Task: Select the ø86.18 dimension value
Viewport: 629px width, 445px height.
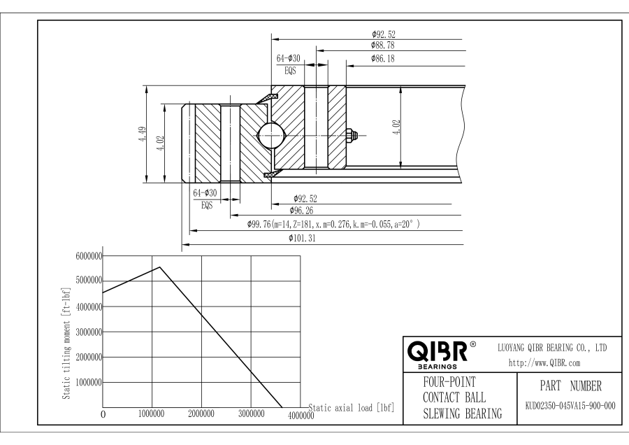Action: (x=383, y=59)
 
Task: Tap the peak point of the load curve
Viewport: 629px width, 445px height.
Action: (x=160, y=267)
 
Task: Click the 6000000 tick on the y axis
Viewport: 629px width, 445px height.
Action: (x=88, y=256)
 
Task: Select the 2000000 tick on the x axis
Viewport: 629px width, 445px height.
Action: (x=201, y=414)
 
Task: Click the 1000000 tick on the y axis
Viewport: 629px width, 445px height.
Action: (x=88, y=383)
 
